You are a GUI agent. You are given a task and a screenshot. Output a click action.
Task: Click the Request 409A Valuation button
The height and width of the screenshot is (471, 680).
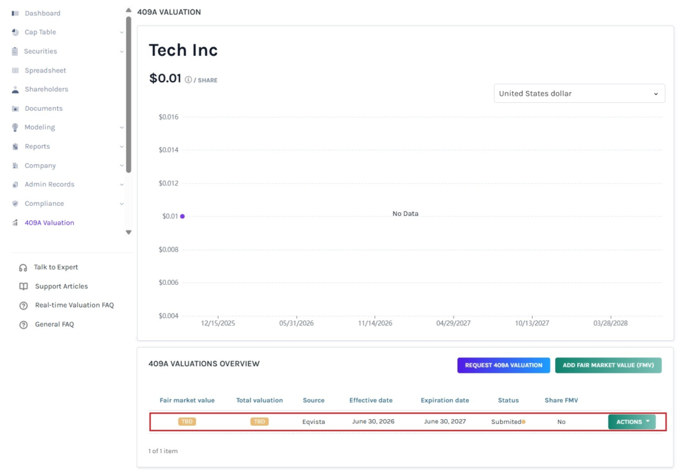coord(503,365)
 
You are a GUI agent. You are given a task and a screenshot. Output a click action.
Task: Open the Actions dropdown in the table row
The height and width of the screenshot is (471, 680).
coord(632,422)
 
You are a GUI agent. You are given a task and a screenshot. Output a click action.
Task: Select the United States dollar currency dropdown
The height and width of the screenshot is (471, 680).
coord(579,93)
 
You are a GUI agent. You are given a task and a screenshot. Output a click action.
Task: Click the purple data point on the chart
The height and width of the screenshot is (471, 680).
coord(183,216)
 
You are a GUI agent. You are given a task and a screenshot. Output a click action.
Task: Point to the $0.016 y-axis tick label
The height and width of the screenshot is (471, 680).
coord(168,117)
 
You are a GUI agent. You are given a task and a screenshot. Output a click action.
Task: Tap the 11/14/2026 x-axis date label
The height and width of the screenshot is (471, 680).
coord(375,323)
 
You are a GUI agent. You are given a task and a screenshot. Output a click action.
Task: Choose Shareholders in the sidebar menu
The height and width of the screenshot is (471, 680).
coord(46,89)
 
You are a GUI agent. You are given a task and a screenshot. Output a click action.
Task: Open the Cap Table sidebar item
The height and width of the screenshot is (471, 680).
coord(41,32)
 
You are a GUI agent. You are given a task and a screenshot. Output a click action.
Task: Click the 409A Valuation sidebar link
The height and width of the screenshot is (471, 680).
coord(49,223)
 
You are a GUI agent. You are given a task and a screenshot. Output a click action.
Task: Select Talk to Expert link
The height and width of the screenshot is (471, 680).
coord(56,267)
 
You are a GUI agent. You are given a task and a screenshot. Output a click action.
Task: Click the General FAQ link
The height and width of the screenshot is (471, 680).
coord(54,324)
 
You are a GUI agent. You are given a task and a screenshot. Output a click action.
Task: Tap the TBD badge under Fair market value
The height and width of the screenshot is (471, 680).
coord(187,422)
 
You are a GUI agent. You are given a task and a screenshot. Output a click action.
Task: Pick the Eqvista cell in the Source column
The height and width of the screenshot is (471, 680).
coord(313,422)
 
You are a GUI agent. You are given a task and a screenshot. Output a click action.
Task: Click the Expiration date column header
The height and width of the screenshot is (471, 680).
coord(445,401)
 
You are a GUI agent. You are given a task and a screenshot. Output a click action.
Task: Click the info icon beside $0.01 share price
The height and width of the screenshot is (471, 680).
coord(188,80)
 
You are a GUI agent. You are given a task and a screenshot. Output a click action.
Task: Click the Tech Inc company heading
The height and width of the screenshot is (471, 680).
coord(183,50)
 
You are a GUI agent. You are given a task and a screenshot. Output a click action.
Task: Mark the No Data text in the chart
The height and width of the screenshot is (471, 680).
coord(406,213)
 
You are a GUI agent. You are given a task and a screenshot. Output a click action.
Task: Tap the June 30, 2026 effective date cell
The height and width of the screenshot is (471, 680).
coord(373,422)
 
